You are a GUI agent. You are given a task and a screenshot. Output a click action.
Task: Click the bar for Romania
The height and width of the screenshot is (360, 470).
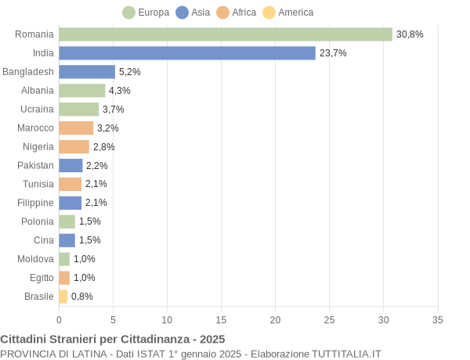(226, 34)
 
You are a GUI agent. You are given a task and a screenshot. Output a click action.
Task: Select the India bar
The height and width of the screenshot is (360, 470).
(187, 53)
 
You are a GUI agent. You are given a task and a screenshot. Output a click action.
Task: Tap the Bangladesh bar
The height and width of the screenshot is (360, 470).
(87, 72)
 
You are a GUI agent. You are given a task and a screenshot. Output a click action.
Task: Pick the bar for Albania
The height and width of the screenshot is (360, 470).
(82, 91)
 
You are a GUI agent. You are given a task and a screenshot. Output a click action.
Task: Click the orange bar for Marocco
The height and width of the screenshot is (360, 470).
(76, 128)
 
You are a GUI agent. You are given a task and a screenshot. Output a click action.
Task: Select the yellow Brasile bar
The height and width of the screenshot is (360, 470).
(63, 297)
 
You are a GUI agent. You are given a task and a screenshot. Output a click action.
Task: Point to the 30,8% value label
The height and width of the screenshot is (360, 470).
(410, 34)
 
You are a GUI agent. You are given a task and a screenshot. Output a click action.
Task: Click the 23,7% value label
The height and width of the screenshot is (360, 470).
(333, 53)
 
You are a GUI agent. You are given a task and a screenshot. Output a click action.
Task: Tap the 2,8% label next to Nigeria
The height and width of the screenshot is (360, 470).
(104, 146)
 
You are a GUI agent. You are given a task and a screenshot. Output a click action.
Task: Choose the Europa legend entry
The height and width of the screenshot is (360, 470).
(146, 13)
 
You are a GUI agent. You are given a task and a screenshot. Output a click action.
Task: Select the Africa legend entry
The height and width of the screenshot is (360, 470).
(237, 13)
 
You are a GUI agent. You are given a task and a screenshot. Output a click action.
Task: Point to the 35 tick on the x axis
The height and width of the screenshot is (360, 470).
(438, 320)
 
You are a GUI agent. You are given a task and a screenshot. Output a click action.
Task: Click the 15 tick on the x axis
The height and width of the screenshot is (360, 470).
(221, 320)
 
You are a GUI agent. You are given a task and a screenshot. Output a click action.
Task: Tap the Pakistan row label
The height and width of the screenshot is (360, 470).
(36, 165)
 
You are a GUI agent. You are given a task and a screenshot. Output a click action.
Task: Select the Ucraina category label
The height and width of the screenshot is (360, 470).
(38, 110)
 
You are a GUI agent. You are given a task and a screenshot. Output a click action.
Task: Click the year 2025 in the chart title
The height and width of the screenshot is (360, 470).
(211, 340)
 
